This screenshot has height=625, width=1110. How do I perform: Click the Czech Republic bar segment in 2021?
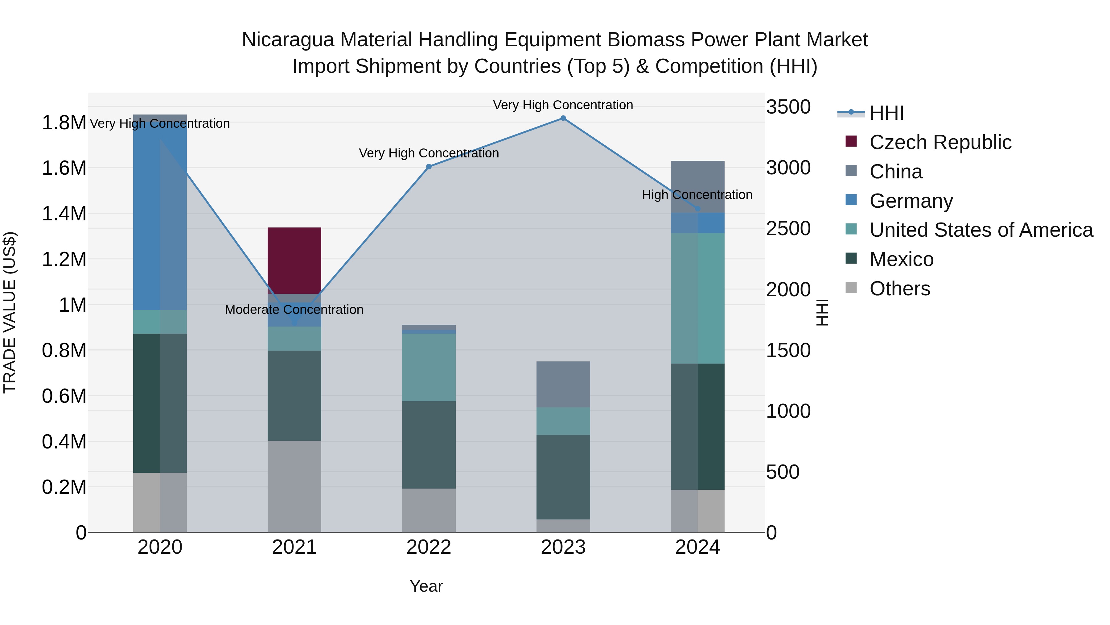[294, 260]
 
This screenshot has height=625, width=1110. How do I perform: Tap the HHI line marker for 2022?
[429, 166]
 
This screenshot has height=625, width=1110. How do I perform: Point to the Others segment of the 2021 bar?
[294, 486]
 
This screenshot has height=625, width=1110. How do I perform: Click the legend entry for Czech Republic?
[940, 142]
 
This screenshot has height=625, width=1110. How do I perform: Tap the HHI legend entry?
[886, 113]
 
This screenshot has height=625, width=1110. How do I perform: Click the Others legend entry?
[899, 289]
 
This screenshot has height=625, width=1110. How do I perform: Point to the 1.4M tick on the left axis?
[64, 214]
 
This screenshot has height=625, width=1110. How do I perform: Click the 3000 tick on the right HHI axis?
[788, 168]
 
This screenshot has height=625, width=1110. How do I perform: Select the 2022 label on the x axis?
[429, 547]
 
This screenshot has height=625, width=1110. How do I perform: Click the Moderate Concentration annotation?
[294, 310]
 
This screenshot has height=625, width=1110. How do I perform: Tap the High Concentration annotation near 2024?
[697, 195]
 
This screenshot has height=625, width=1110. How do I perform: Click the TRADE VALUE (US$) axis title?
[10, 312]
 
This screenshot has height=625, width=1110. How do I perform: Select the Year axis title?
[426, 586]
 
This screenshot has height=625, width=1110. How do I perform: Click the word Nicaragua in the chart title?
[288, 40]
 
